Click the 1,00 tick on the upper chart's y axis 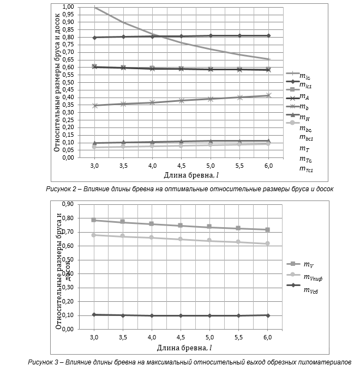(68, 7)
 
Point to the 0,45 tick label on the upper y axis (68, 90)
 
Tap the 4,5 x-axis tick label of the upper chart (181, 165)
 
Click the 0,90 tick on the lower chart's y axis (68, 204)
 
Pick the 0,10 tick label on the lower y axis (68, 315)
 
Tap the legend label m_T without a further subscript (304, 148)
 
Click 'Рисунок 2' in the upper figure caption (63, 188)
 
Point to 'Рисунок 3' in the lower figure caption (45, 362)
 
